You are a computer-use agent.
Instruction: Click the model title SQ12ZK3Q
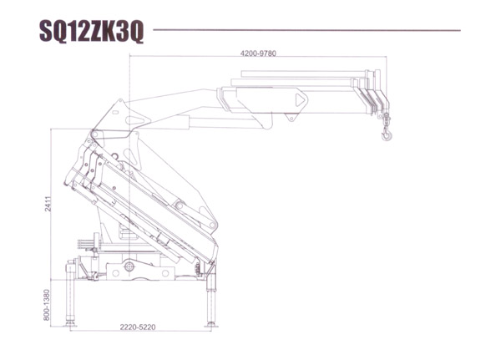coord(91,32)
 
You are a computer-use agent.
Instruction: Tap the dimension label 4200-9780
coord(258,53)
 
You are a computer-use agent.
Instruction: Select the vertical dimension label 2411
coord(48,204)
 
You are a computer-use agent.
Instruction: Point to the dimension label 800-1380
coord(47,305)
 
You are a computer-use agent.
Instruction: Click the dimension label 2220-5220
coord(138,327)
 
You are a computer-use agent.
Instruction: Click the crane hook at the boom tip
coord(387,133)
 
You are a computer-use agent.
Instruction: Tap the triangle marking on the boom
coord(300,100)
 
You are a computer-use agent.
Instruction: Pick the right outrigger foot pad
coord(211,325)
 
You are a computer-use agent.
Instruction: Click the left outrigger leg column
coord(69,292)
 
